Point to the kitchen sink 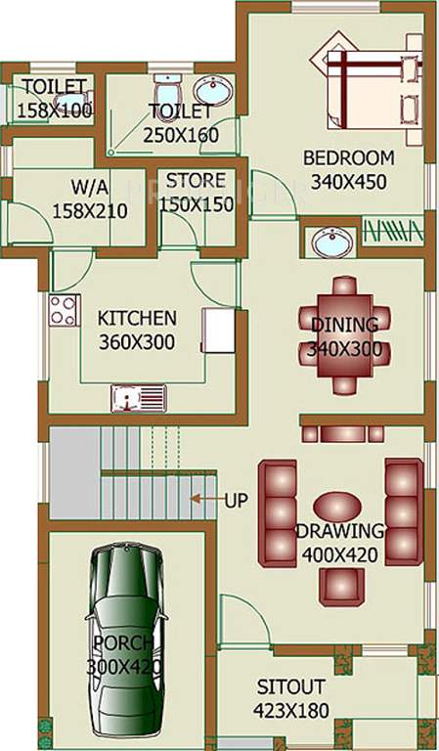(138, 396)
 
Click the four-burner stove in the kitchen (64, 310)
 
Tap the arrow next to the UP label (203, 499)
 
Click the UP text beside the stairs (236, 500)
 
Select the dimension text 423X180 (290, 711)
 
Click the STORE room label (196, 182)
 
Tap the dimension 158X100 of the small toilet (55, 110)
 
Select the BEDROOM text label (348, 157)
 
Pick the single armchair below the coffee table (341, 584)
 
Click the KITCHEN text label (137, 318)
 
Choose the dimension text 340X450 (348, 181)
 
